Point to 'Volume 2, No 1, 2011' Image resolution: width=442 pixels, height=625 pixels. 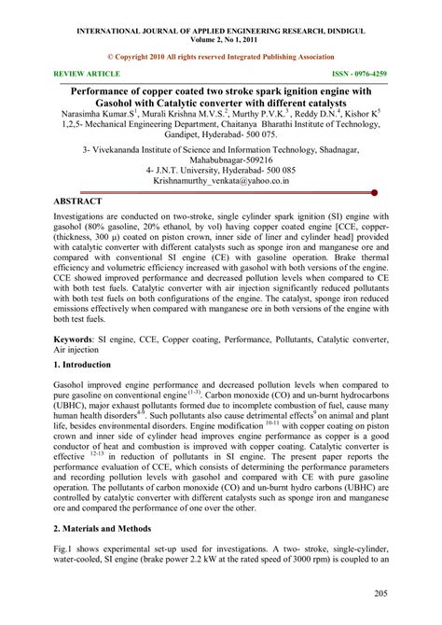(x=221, y=25)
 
